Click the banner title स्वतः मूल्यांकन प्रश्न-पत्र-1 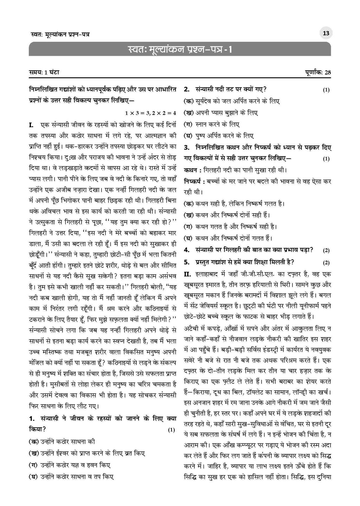[180, 49]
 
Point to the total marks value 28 [328, 73]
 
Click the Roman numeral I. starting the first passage [32, 125]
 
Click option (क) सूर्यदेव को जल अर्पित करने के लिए [232, 101]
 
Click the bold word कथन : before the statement [192, 170]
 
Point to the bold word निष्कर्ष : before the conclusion [194, 182]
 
